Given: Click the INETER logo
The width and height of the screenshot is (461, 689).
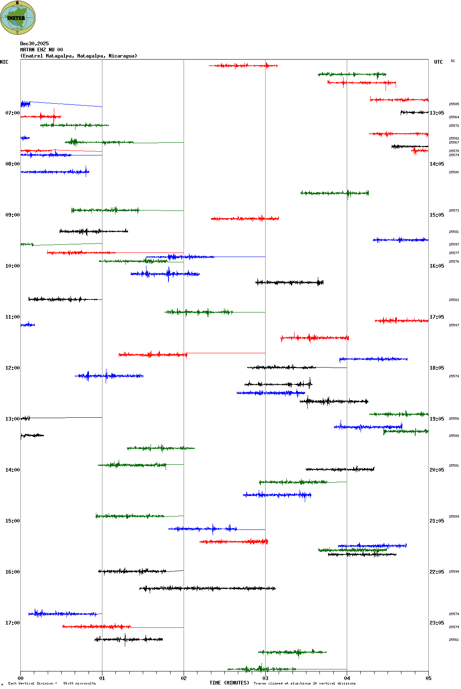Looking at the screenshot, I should (x=18, y=18).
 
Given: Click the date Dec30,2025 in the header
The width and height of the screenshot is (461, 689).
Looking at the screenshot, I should (x=34, y=44).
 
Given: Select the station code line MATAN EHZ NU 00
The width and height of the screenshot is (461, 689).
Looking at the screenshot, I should (x=42, y=50).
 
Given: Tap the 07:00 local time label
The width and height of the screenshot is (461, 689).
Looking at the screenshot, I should (x=12, y=113).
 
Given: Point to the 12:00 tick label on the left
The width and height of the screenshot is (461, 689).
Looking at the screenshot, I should (x=12, y=368).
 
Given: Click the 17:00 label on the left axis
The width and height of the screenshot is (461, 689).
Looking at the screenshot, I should (x=12, y=623).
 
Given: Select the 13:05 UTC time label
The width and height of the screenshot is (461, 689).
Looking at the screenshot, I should (x=437, y=113).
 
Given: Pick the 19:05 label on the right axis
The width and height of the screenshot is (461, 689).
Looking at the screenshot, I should (x=437, y=419).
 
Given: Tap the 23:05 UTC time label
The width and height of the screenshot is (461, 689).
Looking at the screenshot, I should (x=437, y=623).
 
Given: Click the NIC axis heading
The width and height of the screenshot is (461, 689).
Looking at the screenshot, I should (x=4, y=62).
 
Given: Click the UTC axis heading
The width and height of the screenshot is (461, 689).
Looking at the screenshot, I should (x=438, y=62).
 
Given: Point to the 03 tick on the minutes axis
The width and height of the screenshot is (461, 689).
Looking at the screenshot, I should (x=265, y=678).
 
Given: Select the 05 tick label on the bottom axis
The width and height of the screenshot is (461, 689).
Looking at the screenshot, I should (x=428, y=678).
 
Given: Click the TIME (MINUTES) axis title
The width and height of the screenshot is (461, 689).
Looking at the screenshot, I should (x=229, y=683).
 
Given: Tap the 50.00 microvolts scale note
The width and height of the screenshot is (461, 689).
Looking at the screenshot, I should (x=79, y=683).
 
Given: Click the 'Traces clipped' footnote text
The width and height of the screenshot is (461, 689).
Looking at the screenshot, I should (x=304, y=683).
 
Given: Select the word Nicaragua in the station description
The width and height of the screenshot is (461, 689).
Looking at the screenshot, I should (x=122, y=56).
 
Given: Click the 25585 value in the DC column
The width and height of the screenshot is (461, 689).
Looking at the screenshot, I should (x=454, y=104).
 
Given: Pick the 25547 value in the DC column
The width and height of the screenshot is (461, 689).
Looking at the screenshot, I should (x=454, y=326).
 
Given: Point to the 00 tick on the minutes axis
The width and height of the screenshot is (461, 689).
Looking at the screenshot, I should (x=20, y=678).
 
